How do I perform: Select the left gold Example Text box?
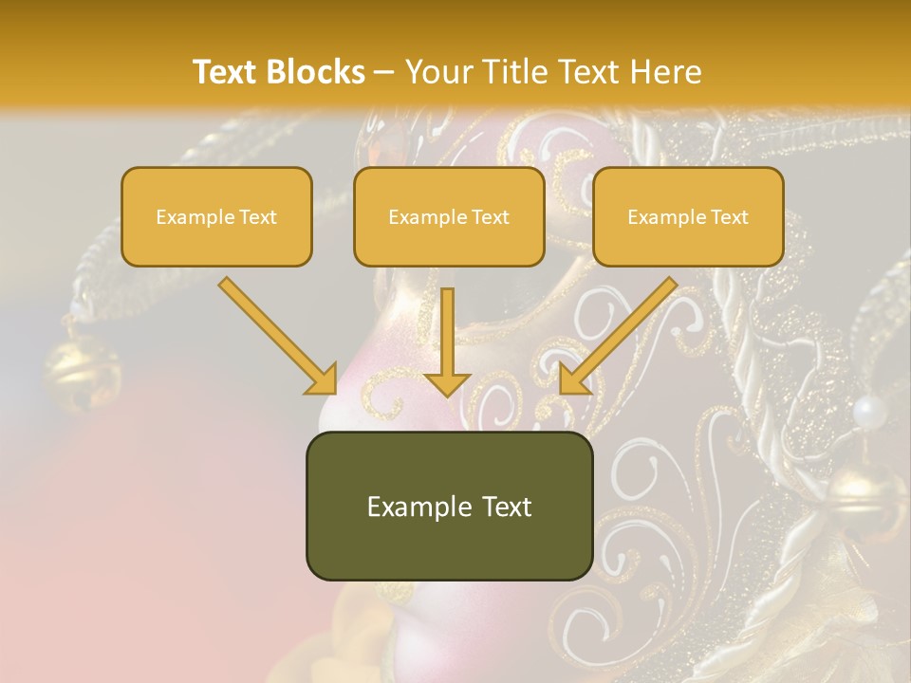216,216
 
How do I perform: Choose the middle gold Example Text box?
449,216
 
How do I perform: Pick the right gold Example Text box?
688,216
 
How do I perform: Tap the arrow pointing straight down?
447,341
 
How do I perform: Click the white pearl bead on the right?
868,411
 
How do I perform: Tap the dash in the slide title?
384,72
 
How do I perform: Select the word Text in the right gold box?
729,217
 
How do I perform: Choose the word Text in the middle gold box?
490,217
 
